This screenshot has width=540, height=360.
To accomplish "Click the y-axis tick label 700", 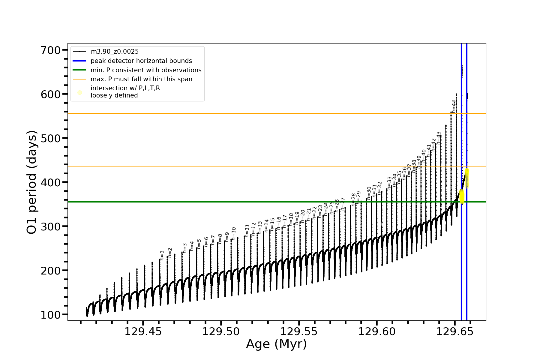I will click(51, 50).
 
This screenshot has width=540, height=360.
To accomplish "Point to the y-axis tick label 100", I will click(51, 315).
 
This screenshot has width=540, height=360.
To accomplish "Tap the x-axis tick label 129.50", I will click(221, 331).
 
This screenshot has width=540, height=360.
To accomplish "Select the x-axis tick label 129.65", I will click(454, 331).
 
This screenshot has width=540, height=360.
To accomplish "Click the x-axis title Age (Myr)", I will click(276, 344).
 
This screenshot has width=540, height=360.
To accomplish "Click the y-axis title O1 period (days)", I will click(32, 182).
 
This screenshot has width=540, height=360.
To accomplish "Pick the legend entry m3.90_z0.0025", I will click(115, 52).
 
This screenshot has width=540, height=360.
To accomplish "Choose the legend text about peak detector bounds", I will click(141, 61).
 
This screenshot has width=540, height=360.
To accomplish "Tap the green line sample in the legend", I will click(79, 70).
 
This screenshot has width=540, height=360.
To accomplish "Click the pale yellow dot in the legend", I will click(79, 92).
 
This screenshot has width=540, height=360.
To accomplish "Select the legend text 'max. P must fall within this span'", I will click(141, 79).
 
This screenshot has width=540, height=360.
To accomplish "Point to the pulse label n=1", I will click(162, 255).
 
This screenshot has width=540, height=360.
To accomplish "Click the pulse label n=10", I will click(234, 234).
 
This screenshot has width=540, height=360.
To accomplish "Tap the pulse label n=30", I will click(369, 193).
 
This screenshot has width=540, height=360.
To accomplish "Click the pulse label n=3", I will click(184, 248).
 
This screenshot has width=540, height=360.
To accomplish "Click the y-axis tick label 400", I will click(51, 182).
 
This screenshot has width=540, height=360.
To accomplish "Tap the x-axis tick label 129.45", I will click(143, 331).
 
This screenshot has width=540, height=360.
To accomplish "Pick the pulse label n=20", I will click(303, 216).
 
